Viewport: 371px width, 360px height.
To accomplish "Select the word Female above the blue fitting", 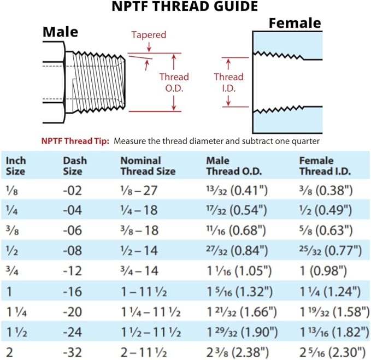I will pyautogui.click(x=295, y=23).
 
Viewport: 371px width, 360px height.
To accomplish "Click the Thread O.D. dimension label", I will pyautogui.click(x=174, y=81).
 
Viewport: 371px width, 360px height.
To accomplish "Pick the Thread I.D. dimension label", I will pyautogui.click(x=228, y=82).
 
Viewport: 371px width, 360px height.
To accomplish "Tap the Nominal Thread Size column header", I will pyautogui.click(x=148, y=166).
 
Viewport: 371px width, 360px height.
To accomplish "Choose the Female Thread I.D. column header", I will pyautogui.click(x=326, y=166).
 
